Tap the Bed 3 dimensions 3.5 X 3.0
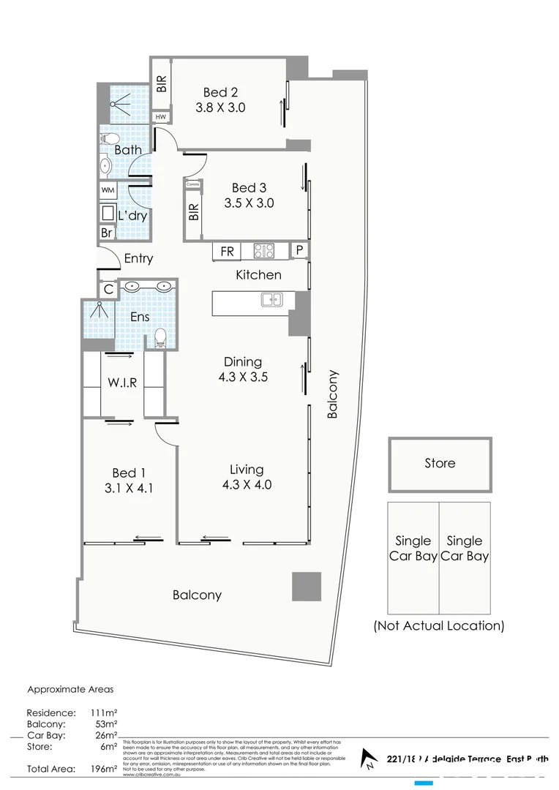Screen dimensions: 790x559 [x=249, y=203]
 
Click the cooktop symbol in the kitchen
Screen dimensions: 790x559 [x=264, y=251]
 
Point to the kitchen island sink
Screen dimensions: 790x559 [x=270, y=298]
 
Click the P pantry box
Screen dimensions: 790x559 [x=299, y=251]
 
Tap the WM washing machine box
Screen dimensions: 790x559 [x=108, y=190]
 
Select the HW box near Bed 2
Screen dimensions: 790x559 [x=160, y=117]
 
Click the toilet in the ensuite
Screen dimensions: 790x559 [x=161, y=338]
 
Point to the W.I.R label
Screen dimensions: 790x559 [x=123, y=382]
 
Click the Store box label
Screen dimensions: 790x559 [x=440, y=463]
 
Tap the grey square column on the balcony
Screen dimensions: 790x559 [x=307, y=587]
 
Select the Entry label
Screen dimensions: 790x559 [x=138, y=258]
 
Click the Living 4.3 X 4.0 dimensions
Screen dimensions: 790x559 [x=246, y=484]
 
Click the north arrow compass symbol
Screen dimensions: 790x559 [x=371, y=761]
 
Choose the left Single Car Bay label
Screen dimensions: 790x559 [x=413, y=549]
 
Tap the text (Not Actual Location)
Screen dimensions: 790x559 [x=439, y=625]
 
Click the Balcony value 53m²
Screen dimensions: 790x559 [x=105, y=724]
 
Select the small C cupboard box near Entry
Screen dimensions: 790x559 [x=108, y=290]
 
